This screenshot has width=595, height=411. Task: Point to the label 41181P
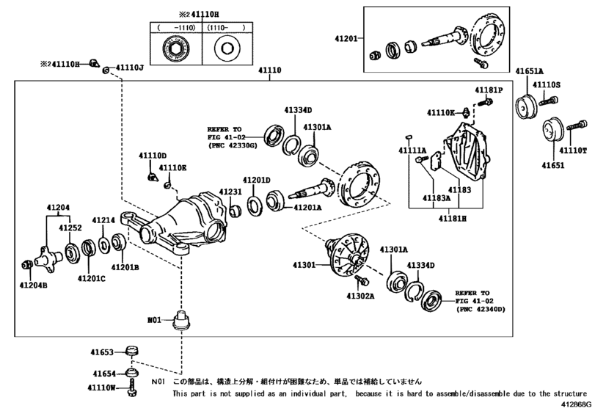(x=488, y=90)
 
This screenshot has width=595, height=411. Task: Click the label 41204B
(x=33, y=284)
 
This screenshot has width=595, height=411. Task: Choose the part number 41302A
(x=360, y=297)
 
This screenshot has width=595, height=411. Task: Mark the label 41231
(x=230, y=192)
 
